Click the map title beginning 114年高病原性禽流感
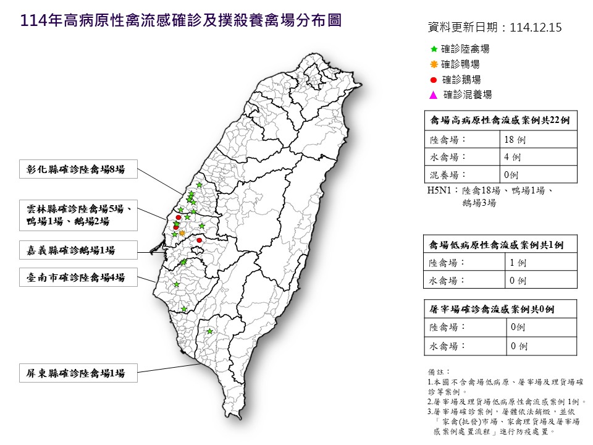pos(181,21)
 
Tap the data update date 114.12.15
pos(494,28)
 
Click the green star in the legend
pos(434,49)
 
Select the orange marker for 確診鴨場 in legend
pos(434,64)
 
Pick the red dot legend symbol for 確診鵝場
pos(434,79)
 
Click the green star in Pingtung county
pos(210,332)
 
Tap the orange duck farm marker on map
pos(182,233)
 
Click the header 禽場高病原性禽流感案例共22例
pos(500,121)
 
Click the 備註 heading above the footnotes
pos(435,371)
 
